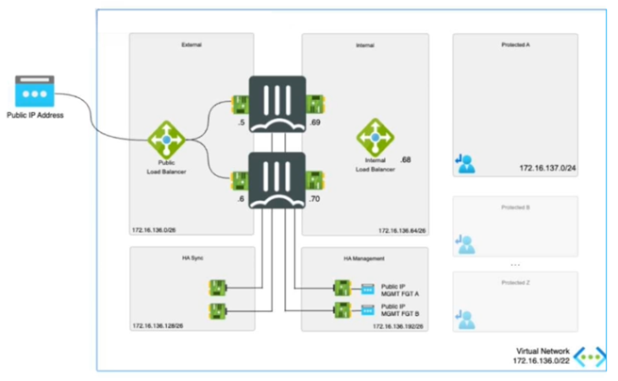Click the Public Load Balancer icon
[x=167, y=141]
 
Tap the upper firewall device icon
[x=276, y=101]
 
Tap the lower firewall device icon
[x=276, y=180]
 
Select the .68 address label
[x=406, y=160]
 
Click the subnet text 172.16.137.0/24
[x=546, y=168]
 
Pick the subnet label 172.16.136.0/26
[x=156, y=229]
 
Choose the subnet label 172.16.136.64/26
[x=401, y=229]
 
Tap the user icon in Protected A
[x=465, y=164]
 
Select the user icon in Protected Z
[x=465, y=319]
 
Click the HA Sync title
[x=192, y=256]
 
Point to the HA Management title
[x=364, y=256]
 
